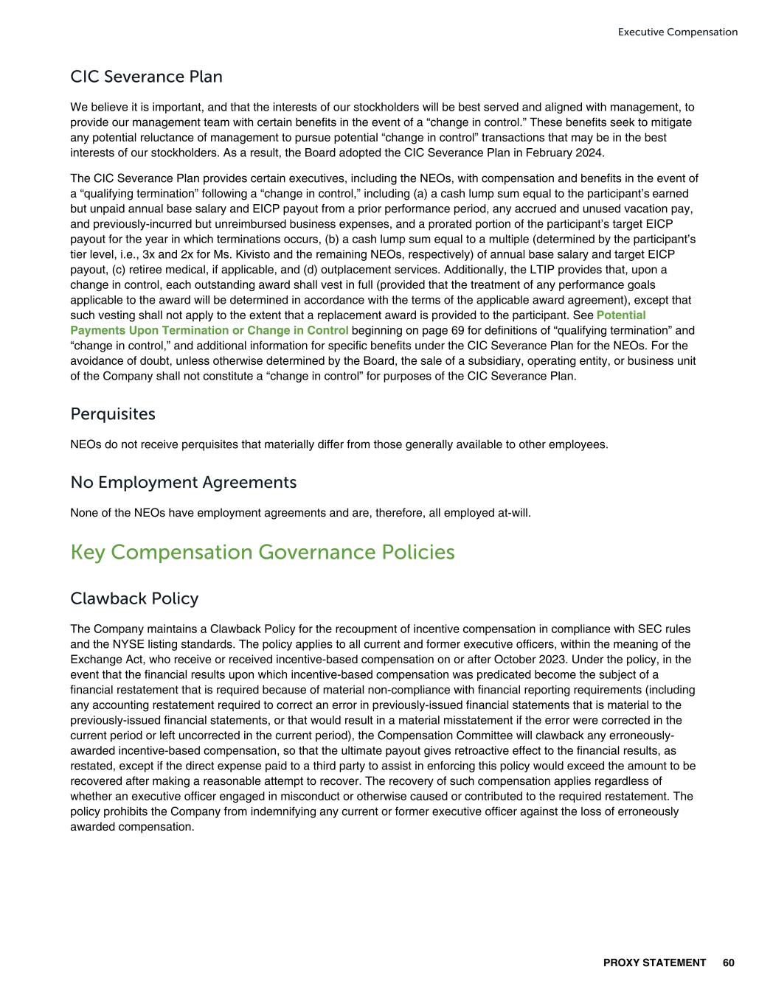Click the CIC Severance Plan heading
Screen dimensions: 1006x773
pyautogui.click(x=146, y=77)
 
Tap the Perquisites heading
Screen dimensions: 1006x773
pyautogui.click(x=113, y=414)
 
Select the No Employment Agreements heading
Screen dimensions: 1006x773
pyautogui.click(x=183, y=482)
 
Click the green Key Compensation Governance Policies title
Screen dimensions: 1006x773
pyautogui.click(x=263, y=552)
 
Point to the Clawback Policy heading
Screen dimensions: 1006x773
pyautogui.click(x=134, y=598)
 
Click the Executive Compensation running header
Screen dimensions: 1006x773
pyautogui.click(x=677, y=32)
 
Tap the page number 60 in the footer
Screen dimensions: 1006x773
pyautogui.click(x=729, y=963)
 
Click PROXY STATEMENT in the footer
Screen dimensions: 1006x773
pyautogui.click(x=654, y=963)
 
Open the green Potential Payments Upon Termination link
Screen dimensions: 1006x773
pyautogui.click(x=209, y=330)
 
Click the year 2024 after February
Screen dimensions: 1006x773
pyautogui.click(x=591, y=153)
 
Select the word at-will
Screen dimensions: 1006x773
pyautogui.click(x=511, y=512)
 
